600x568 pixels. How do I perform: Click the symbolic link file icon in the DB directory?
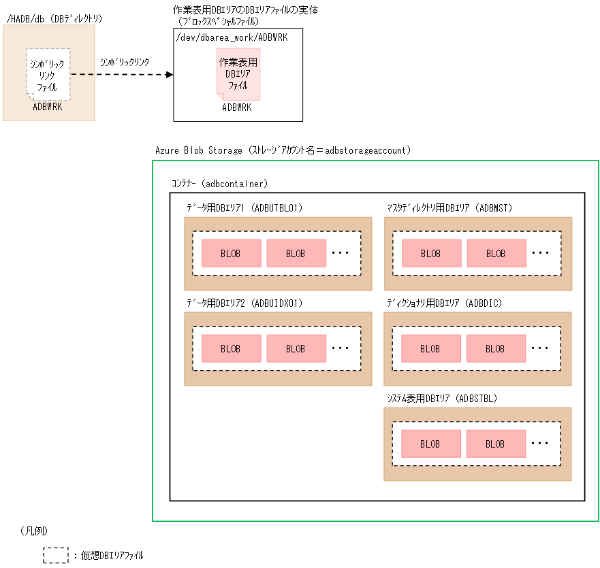coord(48,73)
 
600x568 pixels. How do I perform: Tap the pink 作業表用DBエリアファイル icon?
coord(238,73)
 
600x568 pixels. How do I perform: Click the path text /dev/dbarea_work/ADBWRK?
coord(232,37)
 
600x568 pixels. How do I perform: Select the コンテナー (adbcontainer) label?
coord(219,184)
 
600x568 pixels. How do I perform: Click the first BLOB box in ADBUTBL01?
coord(231,253)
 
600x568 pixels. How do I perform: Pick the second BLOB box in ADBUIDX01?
coord(296,348)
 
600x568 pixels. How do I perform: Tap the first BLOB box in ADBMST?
coord(431,253)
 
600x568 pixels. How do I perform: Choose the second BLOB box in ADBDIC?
coord(496,348)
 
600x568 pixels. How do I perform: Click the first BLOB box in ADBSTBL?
coord(431,444)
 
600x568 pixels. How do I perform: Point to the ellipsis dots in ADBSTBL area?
coord(540,444)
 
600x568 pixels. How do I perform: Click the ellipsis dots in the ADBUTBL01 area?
coord(340,253)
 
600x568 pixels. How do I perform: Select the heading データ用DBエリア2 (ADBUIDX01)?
coord(244,302)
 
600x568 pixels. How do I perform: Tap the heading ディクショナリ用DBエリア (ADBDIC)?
coord(444,302)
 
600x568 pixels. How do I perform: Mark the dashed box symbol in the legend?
coord(56,555)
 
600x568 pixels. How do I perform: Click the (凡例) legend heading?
coord(34,530)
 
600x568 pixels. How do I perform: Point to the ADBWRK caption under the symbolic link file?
coord(48,106)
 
